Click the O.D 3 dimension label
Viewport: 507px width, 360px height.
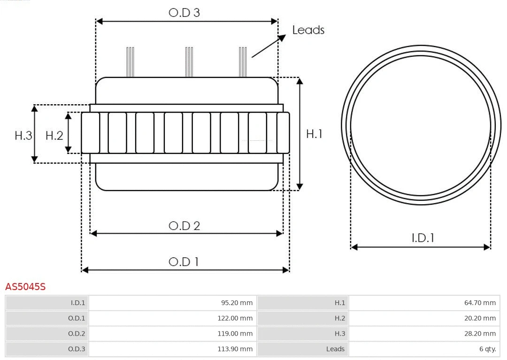point(184,13)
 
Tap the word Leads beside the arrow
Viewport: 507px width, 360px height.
point(308,30)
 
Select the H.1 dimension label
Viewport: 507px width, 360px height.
point(314,134)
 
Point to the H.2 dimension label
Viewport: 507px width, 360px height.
point(54,136)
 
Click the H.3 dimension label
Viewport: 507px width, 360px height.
point(23,136)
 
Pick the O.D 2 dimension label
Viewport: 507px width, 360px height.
point(184,226)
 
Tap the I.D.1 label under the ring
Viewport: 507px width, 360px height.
point(422,238)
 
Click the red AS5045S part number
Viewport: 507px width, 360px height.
point(25,286)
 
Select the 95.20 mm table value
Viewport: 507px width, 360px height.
point(237,303)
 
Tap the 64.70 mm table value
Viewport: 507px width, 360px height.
point(480,303)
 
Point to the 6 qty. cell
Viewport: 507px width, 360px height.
point(487,349)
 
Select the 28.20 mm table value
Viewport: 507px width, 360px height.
point(480,334)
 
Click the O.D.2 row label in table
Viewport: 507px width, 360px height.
point(77,334)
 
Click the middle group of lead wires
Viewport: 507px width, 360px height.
point(189,62)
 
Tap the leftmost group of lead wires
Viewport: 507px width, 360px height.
point(130,62)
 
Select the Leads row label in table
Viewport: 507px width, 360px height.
point(335,349)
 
